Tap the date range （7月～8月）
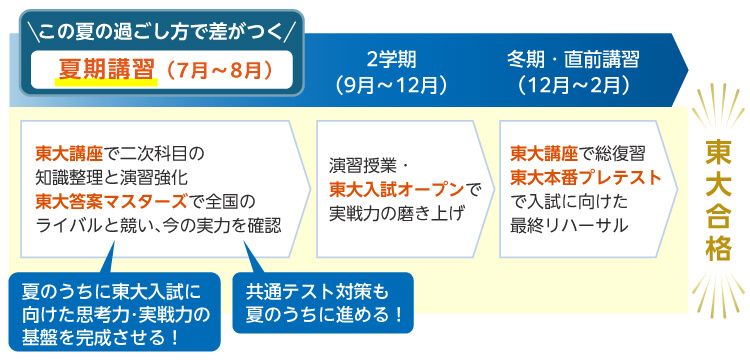pos(213,72)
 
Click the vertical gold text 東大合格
pos(717,199)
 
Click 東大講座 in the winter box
pos(544,153)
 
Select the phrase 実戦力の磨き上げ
pos(397,212)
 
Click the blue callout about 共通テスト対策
pos(321,305)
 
